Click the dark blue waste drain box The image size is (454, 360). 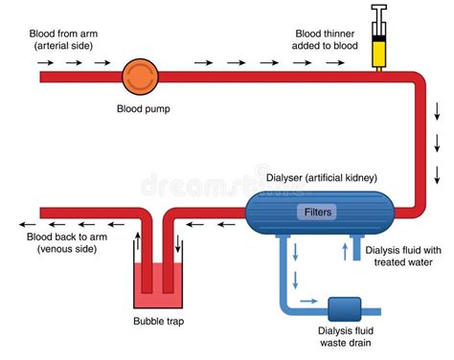[x=341, y=309]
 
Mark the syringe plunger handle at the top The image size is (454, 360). [x=379, y=10]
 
